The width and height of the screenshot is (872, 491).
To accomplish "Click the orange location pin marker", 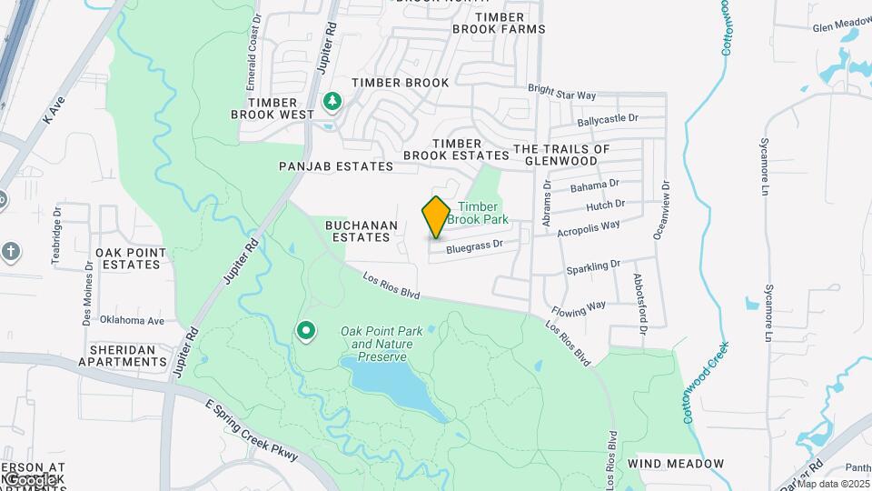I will pos(436,216).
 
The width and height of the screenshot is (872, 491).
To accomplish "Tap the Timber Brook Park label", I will pos(482,214).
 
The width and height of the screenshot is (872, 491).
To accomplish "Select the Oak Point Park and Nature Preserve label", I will pos(376,345).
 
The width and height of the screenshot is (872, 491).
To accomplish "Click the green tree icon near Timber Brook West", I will pos(332,101).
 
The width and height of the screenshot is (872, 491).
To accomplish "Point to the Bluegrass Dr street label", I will pos(474,245).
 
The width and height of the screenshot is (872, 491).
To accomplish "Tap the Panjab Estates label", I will pos(336,166).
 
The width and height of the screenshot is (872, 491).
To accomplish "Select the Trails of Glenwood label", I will pos(561,155).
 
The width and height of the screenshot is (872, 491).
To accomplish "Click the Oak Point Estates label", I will pos(131,258).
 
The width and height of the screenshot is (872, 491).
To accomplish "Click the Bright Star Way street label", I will pos(562,94).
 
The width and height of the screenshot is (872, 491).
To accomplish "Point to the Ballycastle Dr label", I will pos(608,119).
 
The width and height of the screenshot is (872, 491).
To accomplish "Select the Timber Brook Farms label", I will pos(499,23).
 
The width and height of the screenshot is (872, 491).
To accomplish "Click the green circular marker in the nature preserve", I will pos(307,332).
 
